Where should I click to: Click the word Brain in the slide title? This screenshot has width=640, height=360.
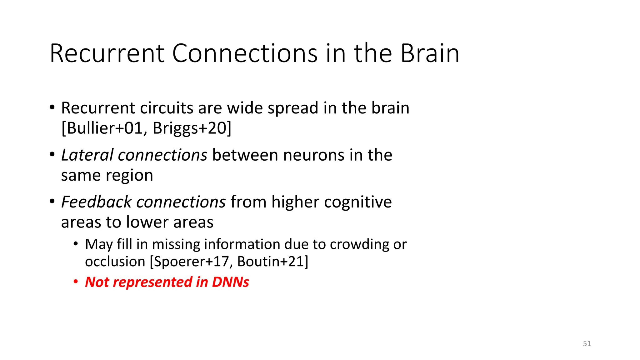pyautogui.click(x=430, y=53)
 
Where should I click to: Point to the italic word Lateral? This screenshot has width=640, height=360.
pyautogui.click(x=87, y=155)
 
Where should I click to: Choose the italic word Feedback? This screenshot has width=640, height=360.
pyautogui.click(x=96, y=202)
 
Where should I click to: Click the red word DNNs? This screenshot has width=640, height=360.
pyautogui.click(x=230, y=282)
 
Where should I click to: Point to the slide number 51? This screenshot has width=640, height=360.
pyautogui.click(x=587, y=343)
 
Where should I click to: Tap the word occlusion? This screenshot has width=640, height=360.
pyautogui.click(x=115, y=261)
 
